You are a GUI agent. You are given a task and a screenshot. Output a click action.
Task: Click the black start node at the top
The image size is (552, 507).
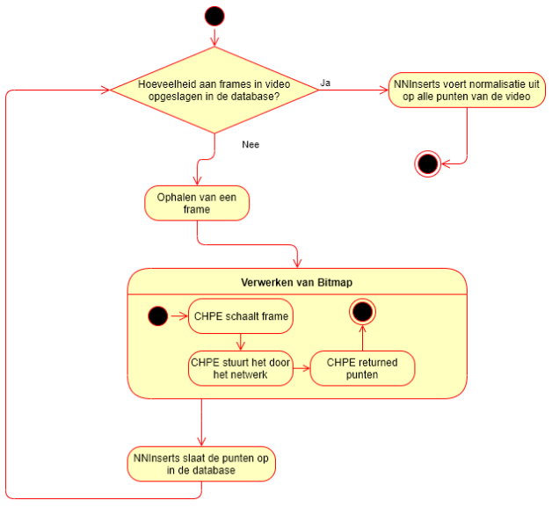[214, 16]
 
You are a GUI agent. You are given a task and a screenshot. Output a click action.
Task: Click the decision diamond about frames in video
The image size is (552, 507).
[214, 91]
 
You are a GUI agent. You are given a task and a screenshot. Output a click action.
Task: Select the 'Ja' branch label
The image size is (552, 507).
[325, 83]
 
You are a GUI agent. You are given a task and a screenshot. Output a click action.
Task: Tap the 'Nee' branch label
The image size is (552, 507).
[251, 145]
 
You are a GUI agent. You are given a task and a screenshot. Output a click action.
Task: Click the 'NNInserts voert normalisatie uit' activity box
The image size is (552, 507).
[467, 91]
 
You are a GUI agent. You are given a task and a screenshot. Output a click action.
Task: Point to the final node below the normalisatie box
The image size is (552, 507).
[428, 164]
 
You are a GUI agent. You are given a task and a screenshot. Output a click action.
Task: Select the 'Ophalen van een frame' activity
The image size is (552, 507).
[197, 203]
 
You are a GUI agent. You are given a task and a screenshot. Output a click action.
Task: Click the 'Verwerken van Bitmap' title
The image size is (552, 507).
[297, 283]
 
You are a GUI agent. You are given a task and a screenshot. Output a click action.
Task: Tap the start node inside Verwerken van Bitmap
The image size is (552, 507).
[157, 316]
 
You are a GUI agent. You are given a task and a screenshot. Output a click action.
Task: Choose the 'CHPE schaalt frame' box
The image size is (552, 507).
[241, 316]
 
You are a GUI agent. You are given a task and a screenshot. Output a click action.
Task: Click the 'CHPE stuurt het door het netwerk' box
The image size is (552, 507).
[241, 368]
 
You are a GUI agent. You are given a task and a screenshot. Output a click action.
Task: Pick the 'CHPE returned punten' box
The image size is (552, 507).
[362, 368]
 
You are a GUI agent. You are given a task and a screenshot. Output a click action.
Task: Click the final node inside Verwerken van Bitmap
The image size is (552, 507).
[363, 312]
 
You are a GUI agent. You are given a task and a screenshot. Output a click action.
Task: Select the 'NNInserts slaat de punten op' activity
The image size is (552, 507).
[201, 464]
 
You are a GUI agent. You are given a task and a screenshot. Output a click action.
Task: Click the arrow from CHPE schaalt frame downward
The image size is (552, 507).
[241, 342]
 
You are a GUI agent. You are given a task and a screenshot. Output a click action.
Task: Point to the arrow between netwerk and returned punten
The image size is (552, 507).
[301, 368]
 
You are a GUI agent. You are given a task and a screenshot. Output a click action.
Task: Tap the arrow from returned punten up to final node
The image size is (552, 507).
[363, 338]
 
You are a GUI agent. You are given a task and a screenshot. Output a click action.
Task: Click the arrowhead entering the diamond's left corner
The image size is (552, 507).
[105, 91]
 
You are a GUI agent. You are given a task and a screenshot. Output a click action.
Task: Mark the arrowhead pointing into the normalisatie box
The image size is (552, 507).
[384, 91]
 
